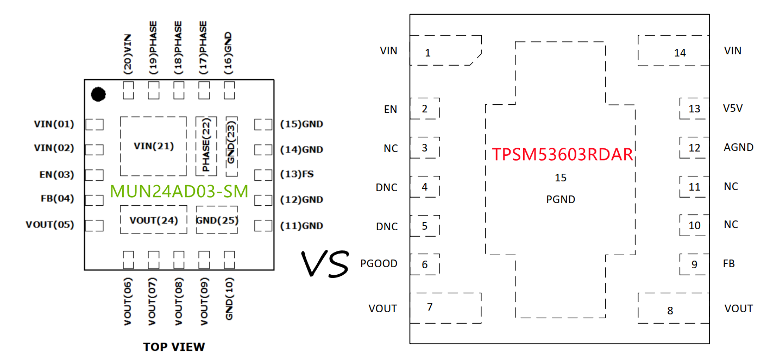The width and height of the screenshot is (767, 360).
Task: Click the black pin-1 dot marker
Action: click(98, 94)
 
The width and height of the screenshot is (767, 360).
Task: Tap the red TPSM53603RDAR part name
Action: click(562, 155)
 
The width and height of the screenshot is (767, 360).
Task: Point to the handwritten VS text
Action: click(325, 264)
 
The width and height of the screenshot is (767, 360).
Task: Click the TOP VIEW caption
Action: click(174, 346)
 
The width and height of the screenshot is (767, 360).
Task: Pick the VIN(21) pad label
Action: click(154, 146)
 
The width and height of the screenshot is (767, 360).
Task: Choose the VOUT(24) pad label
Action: click(154, 220)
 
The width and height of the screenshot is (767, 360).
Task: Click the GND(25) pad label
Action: click(217, 220)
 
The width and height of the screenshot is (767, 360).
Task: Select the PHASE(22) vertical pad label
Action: click(206, 146)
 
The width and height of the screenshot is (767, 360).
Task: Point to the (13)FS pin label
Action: click(297, 174)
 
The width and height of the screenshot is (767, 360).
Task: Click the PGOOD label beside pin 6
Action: click(379, 264)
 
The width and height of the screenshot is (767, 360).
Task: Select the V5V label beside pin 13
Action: click(733, 108)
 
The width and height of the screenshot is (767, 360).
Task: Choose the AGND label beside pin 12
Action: click(738, 147)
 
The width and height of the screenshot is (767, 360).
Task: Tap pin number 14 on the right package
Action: click(680, 53)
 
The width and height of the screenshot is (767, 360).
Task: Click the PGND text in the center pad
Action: click(561, 199)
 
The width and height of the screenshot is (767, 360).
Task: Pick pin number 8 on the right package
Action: click(670, 311)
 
